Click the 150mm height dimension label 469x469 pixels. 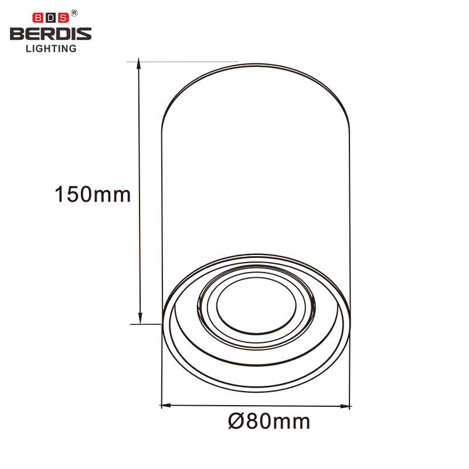93,195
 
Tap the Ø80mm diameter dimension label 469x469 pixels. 269,422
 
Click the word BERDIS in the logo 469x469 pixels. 51,34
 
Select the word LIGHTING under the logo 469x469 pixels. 51,49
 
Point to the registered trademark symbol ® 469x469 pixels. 74,13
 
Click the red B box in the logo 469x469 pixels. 38,18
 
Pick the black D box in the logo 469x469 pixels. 50,18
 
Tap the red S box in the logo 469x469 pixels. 63,18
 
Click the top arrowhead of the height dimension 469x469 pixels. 138,63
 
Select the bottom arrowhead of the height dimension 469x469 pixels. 140,318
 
